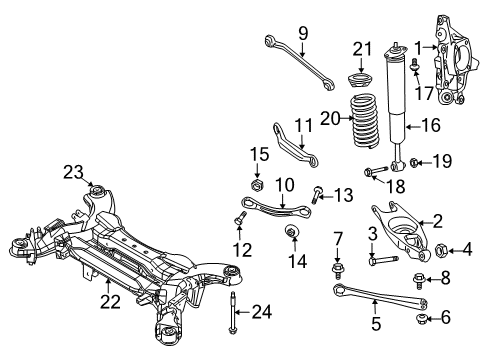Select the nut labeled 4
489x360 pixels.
pyautogui.click(x=439, y=248)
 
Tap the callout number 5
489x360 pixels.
pyautogui.click(x=376, y=322)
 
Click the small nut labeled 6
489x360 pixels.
pyautogui.click(x=420, y=319)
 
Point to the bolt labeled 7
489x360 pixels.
pyautogui.click(x=339, y=270)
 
